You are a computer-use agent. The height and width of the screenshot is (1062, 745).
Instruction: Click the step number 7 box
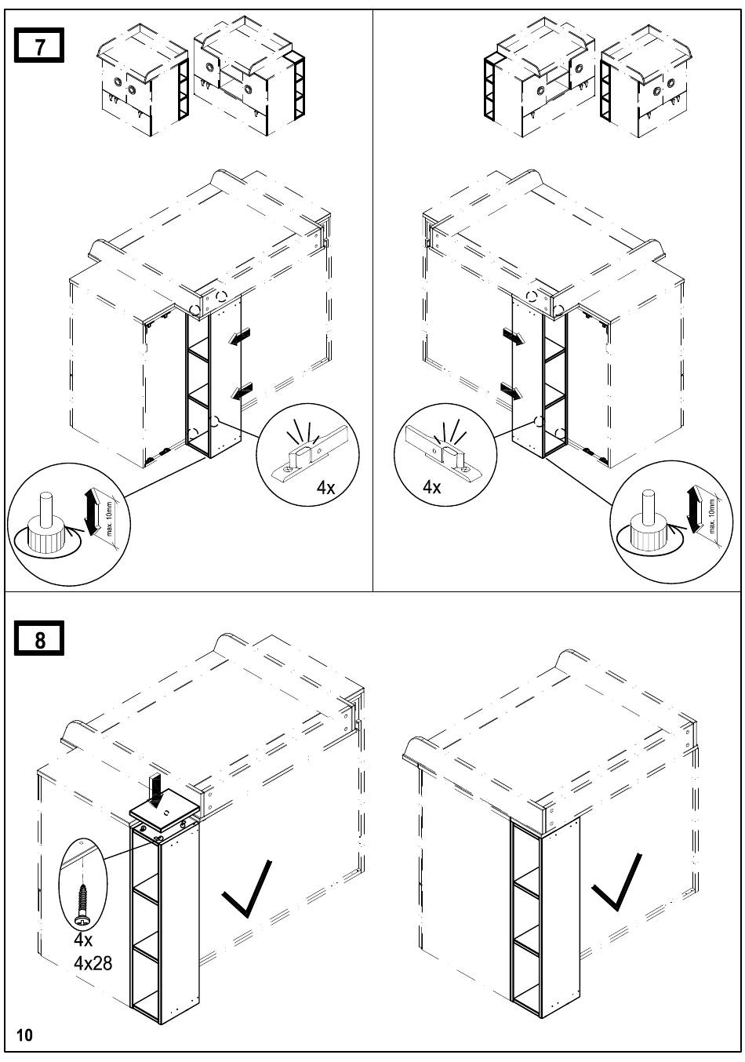pyautogui.click(x=39, y=45)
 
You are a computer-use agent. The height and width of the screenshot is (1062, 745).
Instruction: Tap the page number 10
pyautogui.click(x=24, y=1035)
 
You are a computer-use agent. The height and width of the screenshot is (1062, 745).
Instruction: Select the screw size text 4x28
pyautogui.click(x=93, y=963)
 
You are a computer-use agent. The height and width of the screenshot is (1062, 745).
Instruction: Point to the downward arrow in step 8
pyautogui.click(x=155, y=791)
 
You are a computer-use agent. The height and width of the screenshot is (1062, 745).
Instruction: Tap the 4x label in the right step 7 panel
pyautogui.click(x=432, y=486)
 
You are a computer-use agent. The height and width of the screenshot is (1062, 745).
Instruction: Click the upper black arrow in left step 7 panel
pyautogui.click(x=239, y=336)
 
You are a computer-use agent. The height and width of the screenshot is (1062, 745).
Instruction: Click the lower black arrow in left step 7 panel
pyautogui.click(x=242, y=391)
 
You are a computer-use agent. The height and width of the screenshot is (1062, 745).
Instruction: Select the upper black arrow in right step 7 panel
pyautogui.click(x=514, y=336)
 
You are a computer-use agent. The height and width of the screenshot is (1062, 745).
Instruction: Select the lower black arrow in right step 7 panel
pyautogui.click(x=511, y=391)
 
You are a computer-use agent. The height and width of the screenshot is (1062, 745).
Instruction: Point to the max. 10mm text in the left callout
pyautogui.click(x=110, y=518)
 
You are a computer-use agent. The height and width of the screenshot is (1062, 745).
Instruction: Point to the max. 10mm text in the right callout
pyautogui.click(x=712, y=515)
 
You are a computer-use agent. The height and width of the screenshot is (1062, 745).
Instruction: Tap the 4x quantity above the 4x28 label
pyautogui.click(x=83, y=939)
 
